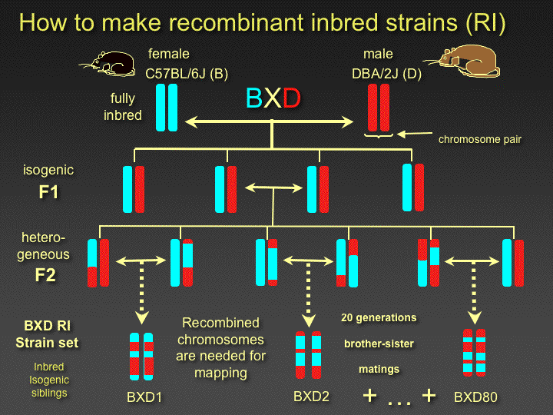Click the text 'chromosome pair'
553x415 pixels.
(x=480, y=140)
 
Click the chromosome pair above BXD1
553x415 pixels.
(x=142, y=357)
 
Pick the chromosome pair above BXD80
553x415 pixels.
(x=474, y=352)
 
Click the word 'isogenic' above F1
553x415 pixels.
(x=49, y=170)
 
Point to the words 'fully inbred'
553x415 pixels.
(x=123, y=107)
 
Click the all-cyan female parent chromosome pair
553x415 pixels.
(x=167, y=107)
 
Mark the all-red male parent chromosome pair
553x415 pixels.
(x=378, y=107)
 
